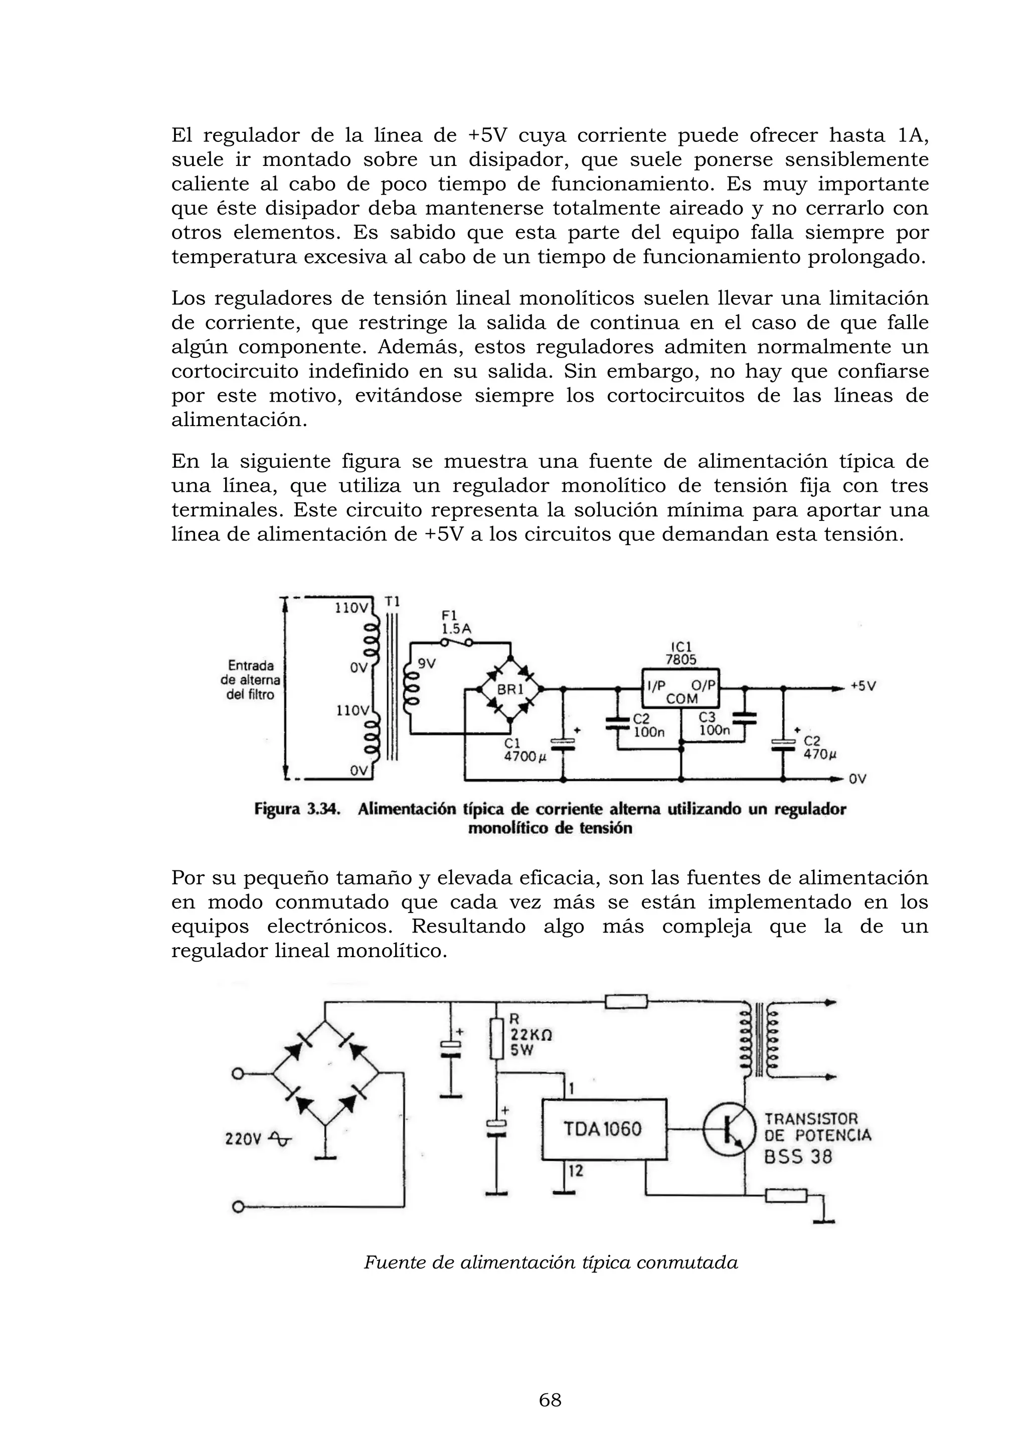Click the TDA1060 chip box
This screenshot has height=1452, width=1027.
[x=604, y=1129]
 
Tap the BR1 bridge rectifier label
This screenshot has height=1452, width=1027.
[x=509, y=689]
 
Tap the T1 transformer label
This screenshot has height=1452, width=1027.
[x=393, y=602]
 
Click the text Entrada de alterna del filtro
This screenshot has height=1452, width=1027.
[x=251, y=680]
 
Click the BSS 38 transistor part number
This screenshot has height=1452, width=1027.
[x=798, y=1157]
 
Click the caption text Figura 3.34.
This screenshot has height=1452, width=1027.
[x=297, y=809]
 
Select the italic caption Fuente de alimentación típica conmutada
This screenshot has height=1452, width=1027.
[x=550, y=1263]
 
